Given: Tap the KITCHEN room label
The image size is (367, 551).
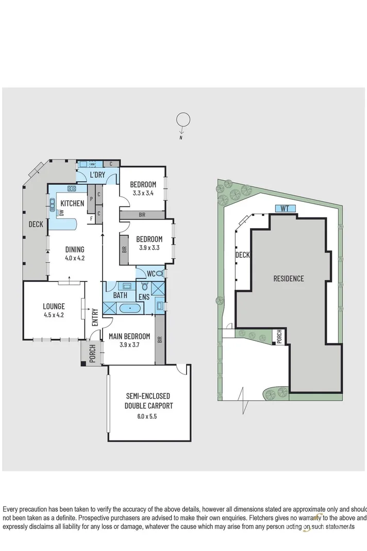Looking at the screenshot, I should pyautogui.click(x=72, y=203).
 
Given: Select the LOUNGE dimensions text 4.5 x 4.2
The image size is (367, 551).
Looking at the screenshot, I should pyautogui.click(x=53, y=314).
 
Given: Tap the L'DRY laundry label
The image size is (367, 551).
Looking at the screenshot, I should pyautogui.click(x=97, y=175).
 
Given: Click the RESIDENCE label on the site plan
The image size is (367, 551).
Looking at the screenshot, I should pyautogui.click(x=288, y=279).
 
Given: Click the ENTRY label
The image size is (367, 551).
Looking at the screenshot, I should pyautogui.click(x=95, y=316).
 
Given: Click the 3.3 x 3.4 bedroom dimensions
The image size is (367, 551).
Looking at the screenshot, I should pyautogui.click(x=143, y=194).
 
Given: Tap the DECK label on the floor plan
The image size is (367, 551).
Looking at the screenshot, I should pyautogui.click(x=36, y=225).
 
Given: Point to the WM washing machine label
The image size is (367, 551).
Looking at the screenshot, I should pyautogui.click(x=93, y=164).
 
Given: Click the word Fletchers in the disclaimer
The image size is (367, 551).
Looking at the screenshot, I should pyautogui.click(x=265, y=517).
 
